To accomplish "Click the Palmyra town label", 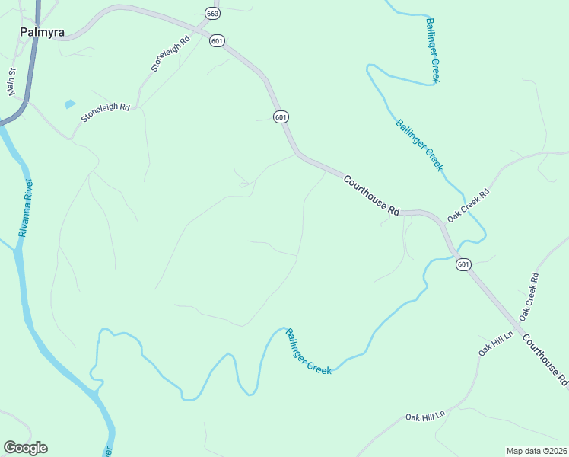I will point(41,33).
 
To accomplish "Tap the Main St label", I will point(12,81).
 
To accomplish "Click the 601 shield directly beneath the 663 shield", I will point(218,41).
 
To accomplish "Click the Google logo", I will point(25,448).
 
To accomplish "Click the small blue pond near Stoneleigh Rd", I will point(70,104).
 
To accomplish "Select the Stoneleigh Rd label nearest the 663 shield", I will point(169,53).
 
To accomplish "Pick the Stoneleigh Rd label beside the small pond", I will point(106,113).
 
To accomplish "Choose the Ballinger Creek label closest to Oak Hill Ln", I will point(308,350).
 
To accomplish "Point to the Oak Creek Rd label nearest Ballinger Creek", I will point(469,205).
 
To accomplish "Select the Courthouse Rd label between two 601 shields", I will point(371,196).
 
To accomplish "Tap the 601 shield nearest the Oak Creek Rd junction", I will point(463,264).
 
